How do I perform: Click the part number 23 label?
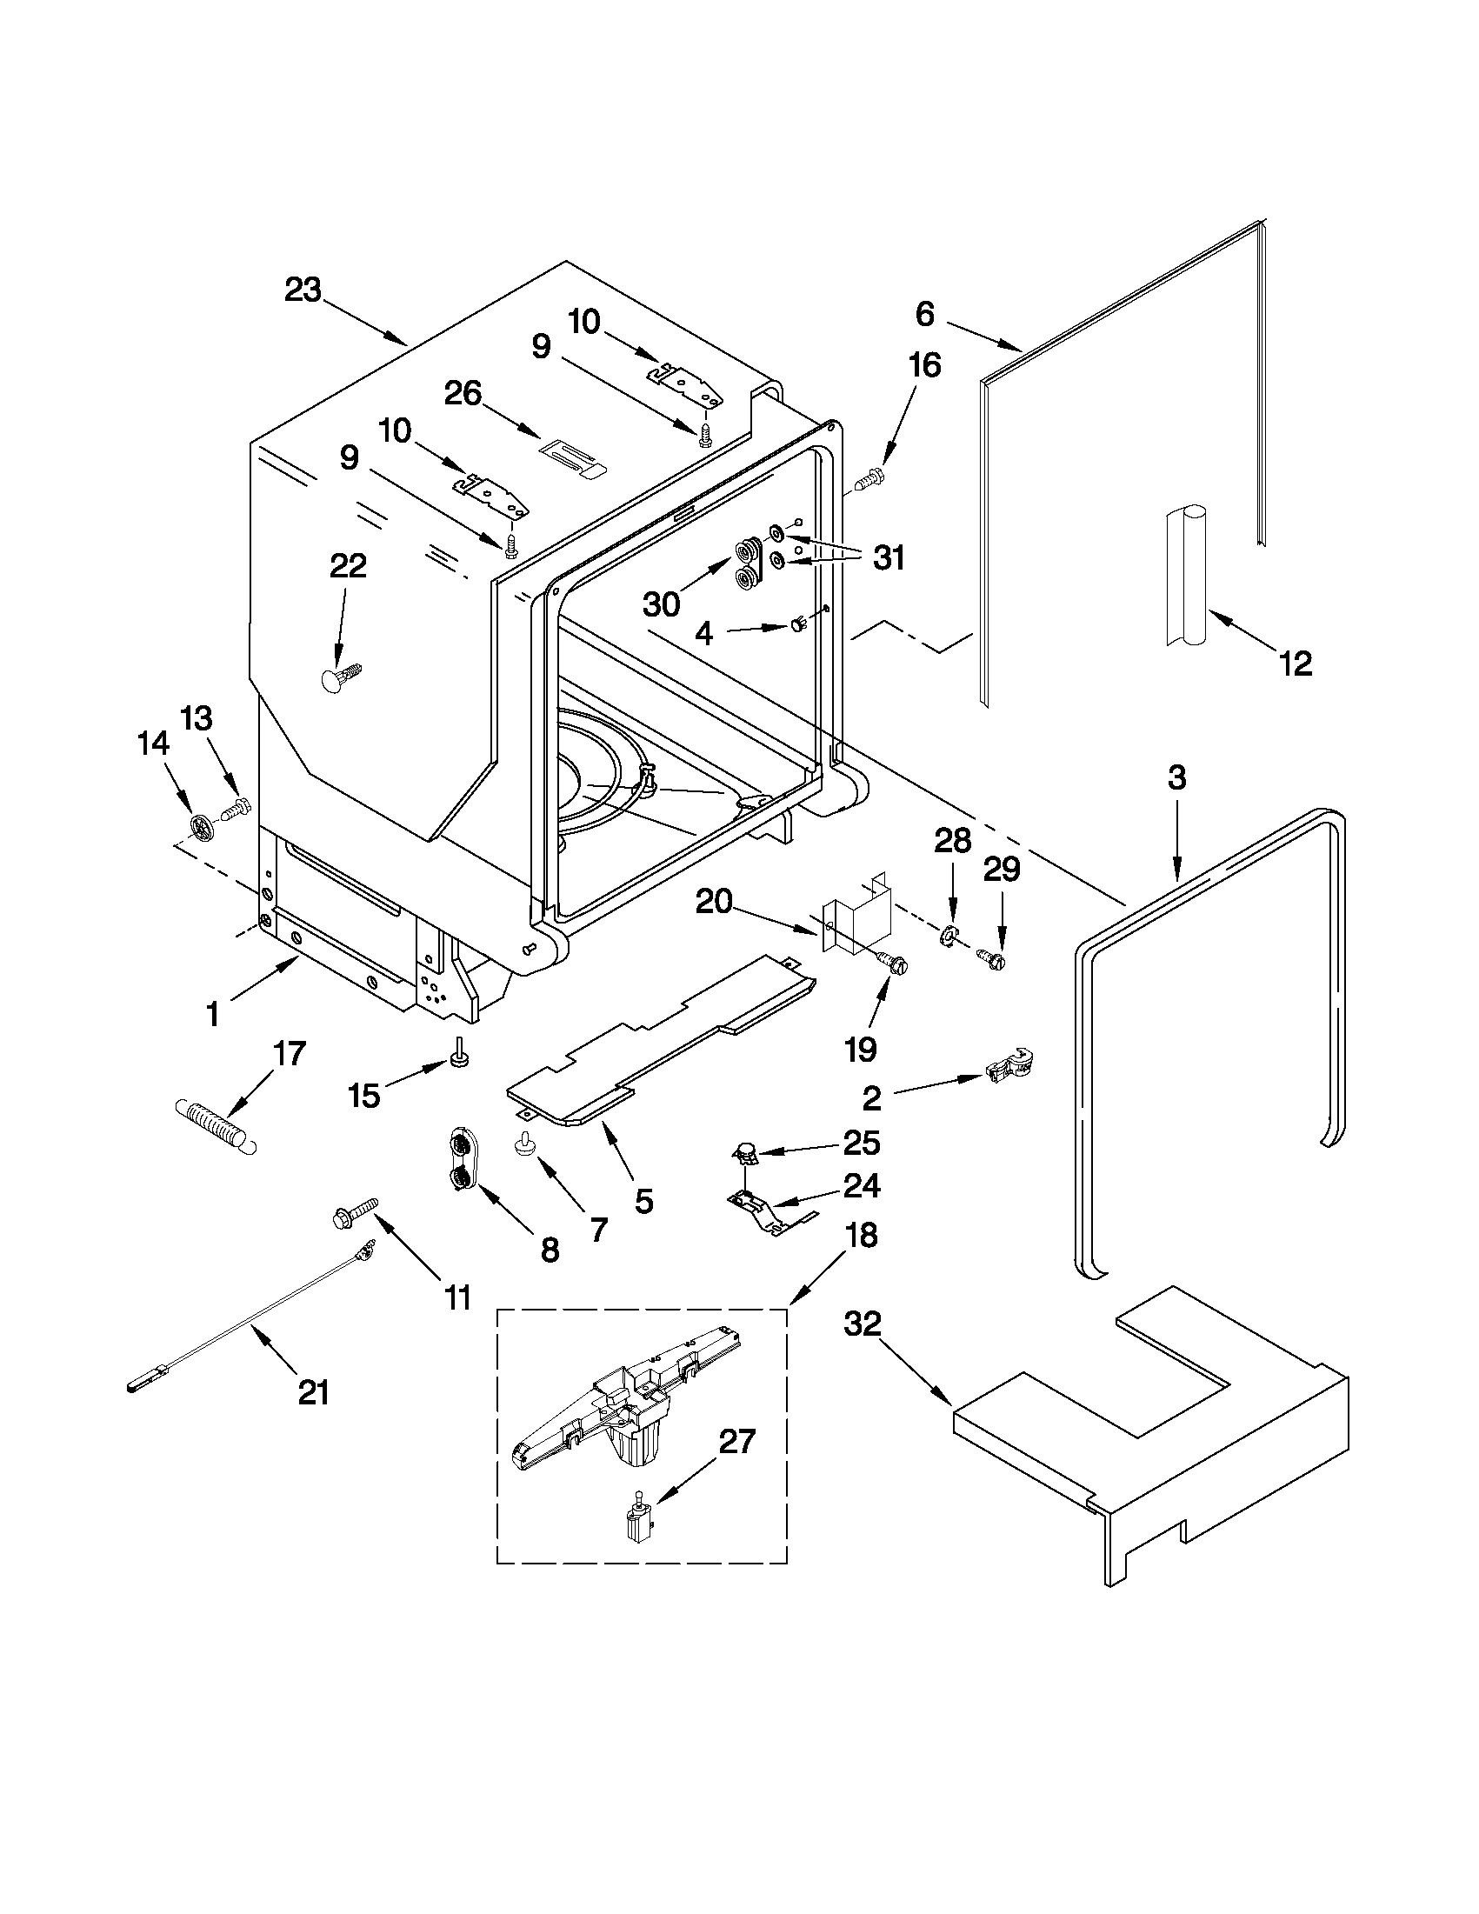tap(303, 290)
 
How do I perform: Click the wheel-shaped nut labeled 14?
tap(203, 824)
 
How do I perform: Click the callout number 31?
tap(889, 557)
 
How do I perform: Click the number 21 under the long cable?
tap(314, 1390)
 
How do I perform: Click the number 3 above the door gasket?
tap(1176, 777)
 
